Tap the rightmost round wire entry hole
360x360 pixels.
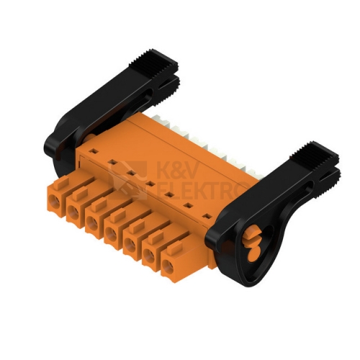(167, 266)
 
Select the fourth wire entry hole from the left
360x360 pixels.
(112, 234)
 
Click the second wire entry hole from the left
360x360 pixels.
(73, 212)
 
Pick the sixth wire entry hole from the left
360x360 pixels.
(149, 256)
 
